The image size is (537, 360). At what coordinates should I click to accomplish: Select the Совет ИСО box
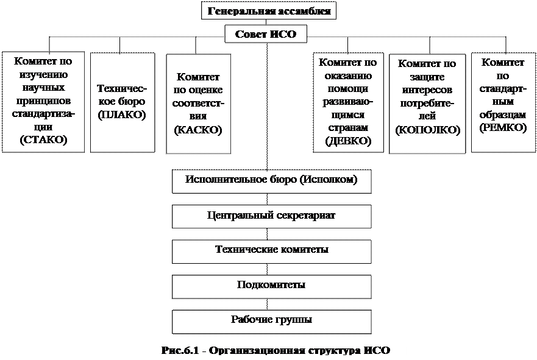click(266, 35)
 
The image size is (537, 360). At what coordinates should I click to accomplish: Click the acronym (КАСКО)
click(198, 130)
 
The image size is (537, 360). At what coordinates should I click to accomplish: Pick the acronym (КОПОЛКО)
click(427, 129)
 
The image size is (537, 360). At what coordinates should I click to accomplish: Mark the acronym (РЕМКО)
click(503, 127)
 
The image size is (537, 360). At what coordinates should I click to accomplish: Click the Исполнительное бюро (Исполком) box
click(271, 180)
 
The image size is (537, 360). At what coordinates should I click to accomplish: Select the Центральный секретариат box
click(271, 216)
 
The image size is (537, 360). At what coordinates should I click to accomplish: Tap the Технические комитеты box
click(271, 250)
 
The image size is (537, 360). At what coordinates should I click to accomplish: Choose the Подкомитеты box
click(271, 284)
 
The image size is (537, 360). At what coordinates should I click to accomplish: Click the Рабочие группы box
click(271, 319)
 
